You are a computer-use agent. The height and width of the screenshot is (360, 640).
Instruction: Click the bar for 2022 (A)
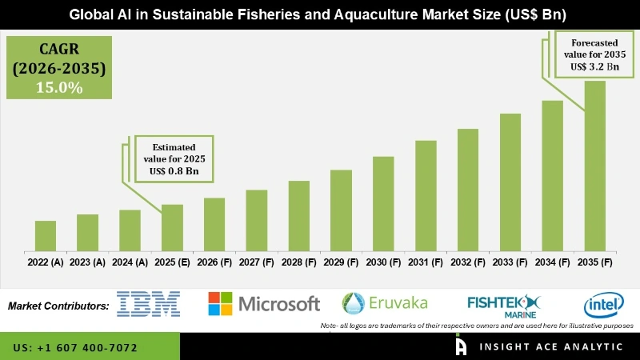point(46,235)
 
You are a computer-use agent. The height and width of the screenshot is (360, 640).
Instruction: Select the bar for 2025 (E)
point(172,227)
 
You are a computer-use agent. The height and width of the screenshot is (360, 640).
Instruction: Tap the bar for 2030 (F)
point(383,203)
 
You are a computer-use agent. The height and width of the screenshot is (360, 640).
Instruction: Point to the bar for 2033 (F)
point(510,182)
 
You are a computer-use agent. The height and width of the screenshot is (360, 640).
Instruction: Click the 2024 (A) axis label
point(130,262)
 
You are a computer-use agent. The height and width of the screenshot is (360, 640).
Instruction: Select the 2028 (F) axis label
point(298,262)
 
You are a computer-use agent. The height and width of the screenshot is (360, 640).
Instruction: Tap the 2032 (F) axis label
point(467,262)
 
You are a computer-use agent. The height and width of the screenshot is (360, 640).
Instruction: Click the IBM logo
point(148,304)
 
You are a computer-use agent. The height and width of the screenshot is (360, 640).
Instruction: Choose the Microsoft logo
point(264,304)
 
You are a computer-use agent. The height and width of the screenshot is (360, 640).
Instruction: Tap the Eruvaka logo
point(385,302)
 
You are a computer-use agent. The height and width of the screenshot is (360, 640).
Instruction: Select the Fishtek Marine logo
point(505,305)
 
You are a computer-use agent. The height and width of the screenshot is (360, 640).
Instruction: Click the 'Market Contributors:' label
point(58,306)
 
